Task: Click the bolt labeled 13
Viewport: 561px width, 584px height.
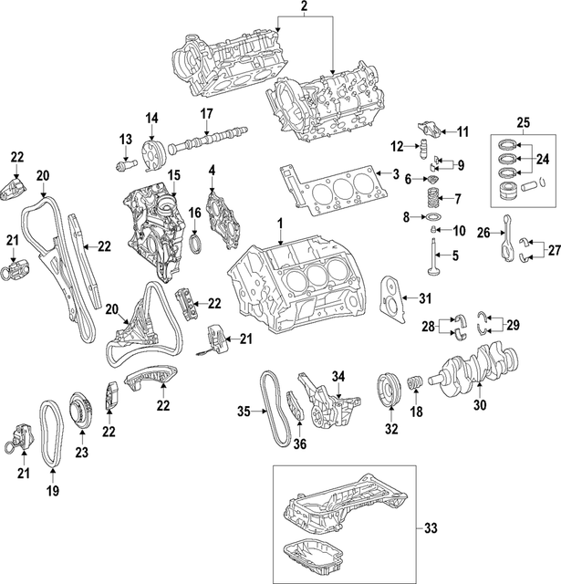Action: (128, 164)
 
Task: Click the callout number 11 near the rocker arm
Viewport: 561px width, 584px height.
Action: (462, 132)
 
